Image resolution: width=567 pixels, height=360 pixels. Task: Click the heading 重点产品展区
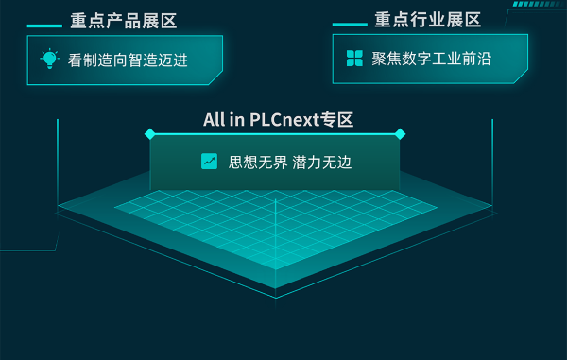click(x=124, y=20)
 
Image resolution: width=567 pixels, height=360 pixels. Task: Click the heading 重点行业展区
click(x=428, y=20)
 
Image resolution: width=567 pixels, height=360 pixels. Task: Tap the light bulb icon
click(x=49, y=59)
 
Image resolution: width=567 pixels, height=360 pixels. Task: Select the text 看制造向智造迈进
click(x=129, y=60)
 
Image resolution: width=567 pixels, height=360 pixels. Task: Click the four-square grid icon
click(x=354, y=59)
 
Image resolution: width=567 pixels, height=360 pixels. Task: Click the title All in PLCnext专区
click(x=278, y=119)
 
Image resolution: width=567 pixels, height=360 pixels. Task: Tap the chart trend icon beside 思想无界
click(x=210, y=162)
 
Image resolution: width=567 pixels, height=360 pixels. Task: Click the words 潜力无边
click(x=322, y=162)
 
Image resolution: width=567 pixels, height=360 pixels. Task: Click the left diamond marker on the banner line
click(x=149, y=134)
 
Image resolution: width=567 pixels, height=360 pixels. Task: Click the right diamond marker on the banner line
click(x=400, y=134)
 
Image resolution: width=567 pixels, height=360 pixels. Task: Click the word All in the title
click(x=214, y=119)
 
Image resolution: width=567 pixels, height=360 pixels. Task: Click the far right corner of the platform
click(x=493, y=205)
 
